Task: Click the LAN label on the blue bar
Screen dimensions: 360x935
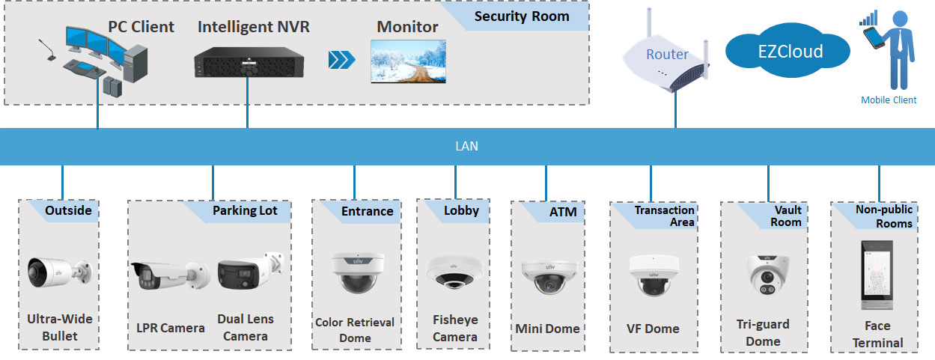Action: (x=466, y=147)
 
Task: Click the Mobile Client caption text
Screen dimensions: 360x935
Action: (x=889, y=100)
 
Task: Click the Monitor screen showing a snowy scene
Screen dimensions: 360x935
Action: (x=408, y=61)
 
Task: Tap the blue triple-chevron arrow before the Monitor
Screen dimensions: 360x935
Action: (x=341, y=60)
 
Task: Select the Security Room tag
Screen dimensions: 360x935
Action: (x=522, y=16)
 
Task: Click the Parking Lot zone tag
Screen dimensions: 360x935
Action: (x=244, y=210)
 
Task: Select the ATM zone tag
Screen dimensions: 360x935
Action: (x=563, y=212)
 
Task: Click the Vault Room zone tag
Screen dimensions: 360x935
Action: (x=786, y=216)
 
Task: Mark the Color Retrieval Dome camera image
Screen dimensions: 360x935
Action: (x=354, y=272)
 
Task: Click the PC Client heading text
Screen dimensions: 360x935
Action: (x=141, y=27)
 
